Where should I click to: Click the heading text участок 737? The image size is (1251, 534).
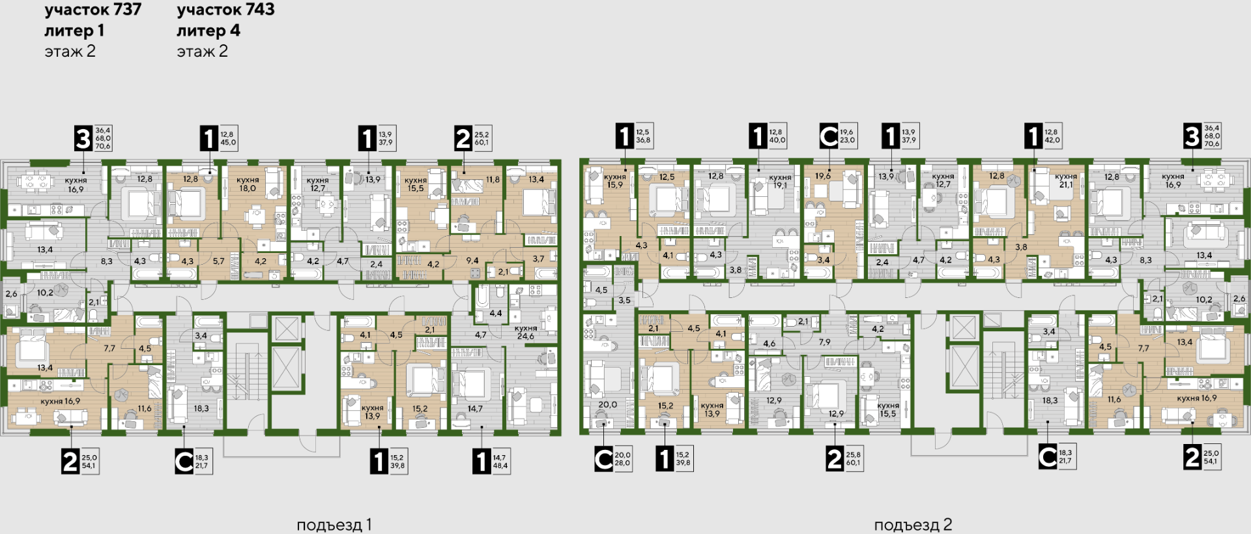tap(93, 10)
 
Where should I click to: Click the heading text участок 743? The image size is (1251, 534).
tap(225, 10)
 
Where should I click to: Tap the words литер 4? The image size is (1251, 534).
tap(208, 31)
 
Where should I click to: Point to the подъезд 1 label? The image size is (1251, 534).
tap(334, 525)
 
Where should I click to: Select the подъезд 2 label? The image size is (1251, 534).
tap(913, 525)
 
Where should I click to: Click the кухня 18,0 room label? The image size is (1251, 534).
tap(248, 184)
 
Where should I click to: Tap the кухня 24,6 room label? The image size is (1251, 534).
tap(526, 332)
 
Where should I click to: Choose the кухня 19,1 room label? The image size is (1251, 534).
tap(780, 181)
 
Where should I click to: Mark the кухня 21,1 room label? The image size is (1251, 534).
tap(1065, 181)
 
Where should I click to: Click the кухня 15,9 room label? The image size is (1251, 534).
tap(615, 181)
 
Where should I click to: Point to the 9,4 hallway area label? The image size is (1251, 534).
tap(472, 261)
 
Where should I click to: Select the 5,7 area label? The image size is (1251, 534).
tap(218, 261)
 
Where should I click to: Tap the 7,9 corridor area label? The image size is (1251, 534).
tap(825, 342)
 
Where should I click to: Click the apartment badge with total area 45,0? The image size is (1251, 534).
tap(218, 138)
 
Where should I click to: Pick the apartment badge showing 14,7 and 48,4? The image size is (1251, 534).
tap(491, 462)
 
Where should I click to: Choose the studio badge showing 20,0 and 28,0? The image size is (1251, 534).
tap(613, 459)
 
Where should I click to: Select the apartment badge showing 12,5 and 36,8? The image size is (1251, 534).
tap(634, 136)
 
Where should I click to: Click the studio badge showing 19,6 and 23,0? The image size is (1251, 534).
tap(838, 136)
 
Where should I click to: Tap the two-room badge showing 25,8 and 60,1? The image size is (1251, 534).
tap(844, 459)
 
